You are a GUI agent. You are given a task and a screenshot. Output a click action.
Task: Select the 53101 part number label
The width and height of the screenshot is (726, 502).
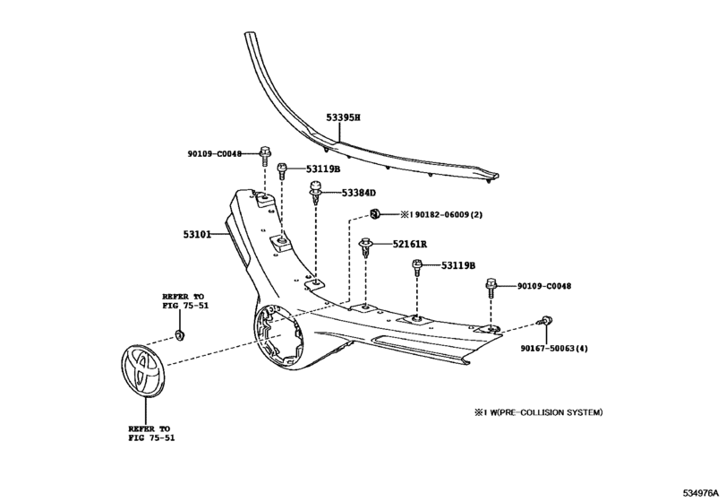coord(197,236)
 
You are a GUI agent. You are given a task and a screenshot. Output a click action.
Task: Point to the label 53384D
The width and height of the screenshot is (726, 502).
coord(359,193)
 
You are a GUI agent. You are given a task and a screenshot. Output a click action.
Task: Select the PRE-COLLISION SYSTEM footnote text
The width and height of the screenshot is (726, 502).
coord(531,412)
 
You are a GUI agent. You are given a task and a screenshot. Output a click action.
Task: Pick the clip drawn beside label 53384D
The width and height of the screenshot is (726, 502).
coord(316,192)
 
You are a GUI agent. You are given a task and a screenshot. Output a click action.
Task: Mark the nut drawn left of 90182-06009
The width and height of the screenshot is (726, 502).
coord(378,214)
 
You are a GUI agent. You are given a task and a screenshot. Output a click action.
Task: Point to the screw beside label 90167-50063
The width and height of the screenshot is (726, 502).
coord(546,322)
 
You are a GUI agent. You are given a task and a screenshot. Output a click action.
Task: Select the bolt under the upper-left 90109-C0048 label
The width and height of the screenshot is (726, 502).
coord(265,154)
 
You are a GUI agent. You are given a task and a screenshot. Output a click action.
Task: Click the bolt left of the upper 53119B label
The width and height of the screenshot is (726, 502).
coord(283,169)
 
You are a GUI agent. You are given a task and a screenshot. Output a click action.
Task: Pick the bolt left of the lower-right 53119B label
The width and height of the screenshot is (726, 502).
coord(417,266)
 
